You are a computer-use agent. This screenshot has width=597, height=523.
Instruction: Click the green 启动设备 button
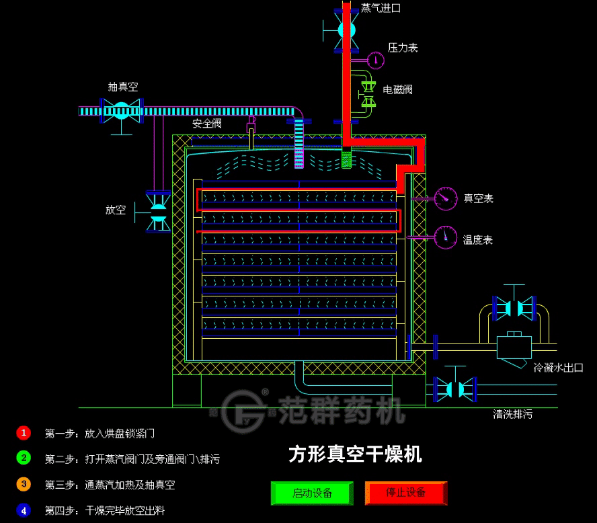[x=312, y=493]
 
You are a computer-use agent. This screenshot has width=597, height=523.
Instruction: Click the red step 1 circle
[x=24, y=433]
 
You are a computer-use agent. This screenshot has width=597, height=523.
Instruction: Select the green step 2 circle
[x=24, y=458]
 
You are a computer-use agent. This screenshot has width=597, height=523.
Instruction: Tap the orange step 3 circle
[x=24, y=484]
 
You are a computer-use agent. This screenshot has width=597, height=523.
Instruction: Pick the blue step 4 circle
[x=24, y=510]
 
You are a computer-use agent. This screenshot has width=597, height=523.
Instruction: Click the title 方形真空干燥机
[x=356, y=454]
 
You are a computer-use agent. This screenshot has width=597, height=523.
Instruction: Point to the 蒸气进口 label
[x=381, y=8]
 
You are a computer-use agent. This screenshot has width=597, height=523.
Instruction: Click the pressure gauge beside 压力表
[x=376, y=60]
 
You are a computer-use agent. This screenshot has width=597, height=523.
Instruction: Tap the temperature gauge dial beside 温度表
[x=445, y=237]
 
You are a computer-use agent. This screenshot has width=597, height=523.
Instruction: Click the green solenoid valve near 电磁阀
[x=368, y=93]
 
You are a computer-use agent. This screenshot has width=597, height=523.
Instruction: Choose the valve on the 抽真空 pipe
[x=121, y=110]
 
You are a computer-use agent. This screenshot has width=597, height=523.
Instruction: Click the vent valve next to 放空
[x=159, y=210]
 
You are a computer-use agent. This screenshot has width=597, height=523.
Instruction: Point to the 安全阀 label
[x=206, y=124]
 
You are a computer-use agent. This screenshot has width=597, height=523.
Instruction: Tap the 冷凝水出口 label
[x=557, y=368]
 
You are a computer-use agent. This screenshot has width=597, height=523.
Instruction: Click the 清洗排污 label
[x=512, y=414]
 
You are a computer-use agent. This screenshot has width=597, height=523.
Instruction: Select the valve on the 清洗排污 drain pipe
[x=455, y=388]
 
